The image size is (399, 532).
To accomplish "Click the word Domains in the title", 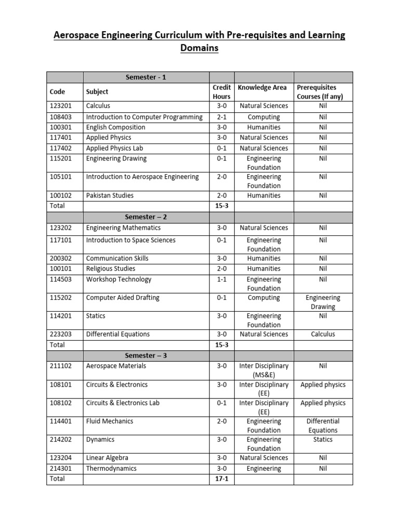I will pyautogui.click(x=199, y=48).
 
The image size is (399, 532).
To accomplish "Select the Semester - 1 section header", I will pyautogui.click(x=145, y=77).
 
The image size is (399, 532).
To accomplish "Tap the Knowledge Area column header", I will pyautogui.click(x=262, y=88).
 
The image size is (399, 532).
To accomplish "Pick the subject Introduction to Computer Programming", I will pyautogui.click(x=144, y=117).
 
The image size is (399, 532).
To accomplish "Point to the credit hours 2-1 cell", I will pyautogui.click(x=221, y=117).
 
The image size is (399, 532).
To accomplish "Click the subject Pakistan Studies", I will pyautogui.click(x=110, y=195).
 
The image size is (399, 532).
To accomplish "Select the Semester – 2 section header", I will pyautogui.click(x=145, y=217).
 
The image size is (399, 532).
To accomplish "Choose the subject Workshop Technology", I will pyautogui.click(x=118, y=280).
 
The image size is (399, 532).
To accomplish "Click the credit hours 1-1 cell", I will pyautogui.click(x=221, y=280).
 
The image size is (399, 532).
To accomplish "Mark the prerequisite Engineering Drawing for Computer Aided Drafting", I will pyautogui.click(x=323, y=302).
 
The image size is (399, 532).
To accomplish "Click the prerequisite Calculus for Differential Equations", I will pyautogui.click(x=323, y=334).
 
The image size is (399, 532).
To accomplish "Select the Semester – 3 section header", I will pyautogui.click(x=145, y=356).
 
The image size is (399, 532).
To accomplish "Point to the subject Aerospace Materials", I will pyautogui.click(x=116, y=366).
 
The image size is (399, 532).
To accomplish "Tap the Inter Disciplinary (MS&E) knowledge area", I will pyautogui.click(x=264, y=370).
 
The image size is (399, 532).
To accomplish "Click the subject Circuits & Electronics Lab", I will pyautogui.click(x=123, y=403).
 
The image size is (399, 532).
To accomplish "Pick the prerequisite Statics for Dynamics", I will pyautogui.click(x=323, y=440).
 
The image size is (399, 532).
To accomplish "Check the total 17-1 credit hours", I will pyautogui.click(x=221, y=479).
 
